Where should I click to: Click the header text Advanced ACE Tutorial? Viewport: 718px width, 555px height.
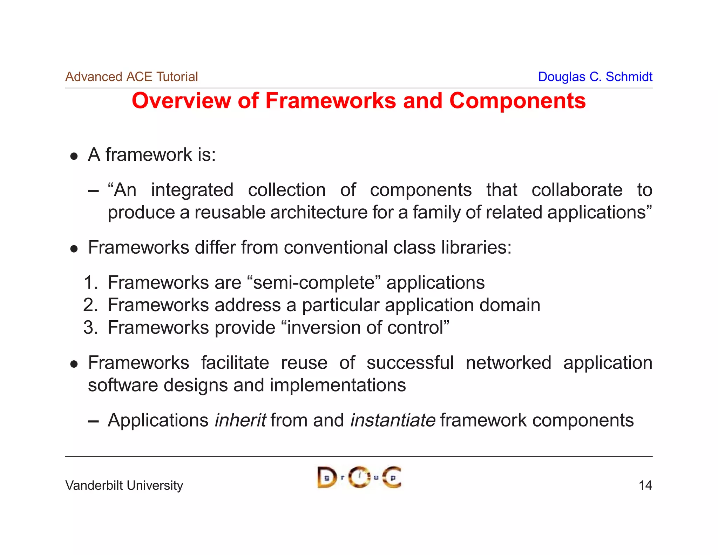tap(131, 77)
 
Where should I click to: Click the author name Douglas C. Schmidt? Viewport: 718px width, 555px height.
tap(595, 77)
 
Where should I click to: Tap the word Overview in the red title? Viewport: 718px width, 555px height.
tap(181, 101)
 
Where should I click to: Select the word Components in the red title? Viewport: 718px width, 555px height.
tap(517, 101)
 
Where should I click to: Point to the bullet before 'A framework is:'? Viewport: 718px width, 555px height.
tap(74, 156)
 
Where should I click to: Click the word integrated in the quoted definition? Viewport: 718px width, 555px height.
tap(192, 190)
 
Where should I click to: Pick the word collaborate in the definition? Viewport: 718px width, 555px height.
tap(577, 190)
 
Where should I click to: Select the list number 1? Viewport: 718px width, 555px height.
tap(90, 283)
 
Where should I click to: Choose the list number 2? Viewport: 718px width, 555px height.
tap(90, 305)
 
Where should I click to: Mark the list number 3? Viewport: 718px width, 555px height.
tap(90, 328)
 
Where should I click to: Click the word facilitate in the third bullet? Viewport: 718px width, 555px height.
tap(235, 363)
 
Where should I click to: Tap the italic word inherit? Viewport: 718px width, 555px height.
tap(240, 420)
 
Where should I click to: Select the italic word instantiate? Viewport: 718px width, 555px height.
tap(393, 420)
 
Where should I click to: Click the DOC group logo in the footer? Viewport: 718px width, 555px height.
tap(359, 477)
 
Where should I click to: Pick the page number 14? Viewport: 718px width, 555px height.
tap(645, 486)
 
